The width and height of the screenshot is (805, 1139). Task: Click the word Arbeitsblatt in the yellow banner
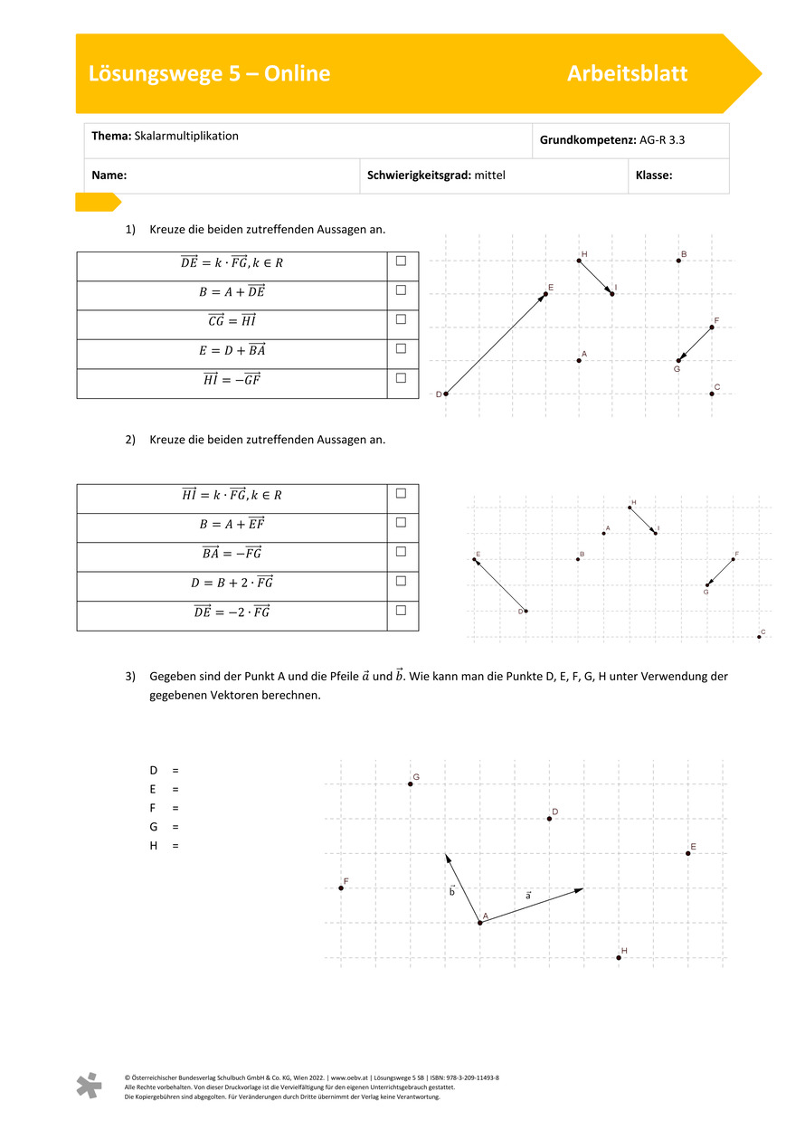click(627, 74)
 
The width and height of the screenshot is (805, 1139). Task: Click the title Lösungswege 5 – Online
click(209, 74)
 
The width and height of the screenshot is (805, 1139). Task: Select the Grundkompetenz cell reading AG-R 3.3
click(630, 140)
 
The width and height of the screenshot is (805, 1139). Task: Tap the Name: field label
click(109, 176)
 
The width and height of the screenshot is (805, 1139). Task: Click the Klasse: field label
click(654, 176)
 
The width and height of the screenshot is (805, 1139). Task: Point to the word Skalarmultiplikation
click(186, 136)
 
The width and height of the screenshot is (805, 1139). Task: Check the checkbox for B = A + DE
click(401, 290)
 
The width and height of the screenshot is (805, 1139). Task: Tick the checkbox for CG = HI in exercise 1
click(401, 319)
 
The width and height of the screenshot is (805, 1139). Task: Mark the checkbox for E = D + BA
click(401, 348)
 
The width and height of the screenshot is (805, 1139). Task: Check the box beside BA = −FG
click(401, 552)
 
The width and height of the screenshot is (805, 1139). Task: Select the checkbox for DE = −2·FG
click(401, 611)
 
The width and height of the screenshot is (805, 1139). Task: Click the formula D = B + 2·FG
click(232, 583)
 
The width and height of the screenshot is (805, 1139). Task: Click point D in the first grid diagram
click(445, 394)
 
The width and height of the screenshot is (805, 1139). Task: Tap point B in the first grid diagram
click(678, 261)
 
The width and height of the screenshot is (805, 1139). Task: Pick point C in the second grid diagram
click(759, 637)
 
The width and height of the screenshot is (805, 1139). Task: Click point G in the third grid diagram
click(411, 783)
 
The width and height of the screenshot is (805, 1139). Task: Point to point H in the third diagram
click(619, 957)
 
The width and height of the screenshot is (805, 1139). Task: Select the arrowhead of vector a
click(582, 889)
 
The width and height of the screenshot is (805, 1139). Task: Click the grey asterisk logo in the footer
click(89, 1086)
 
